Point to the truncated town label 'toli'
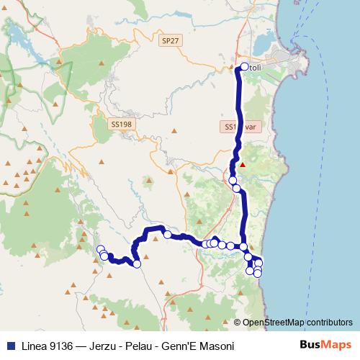(257, 68)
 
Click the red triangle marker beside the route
(243, 164)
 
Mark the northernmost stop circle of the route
(244, 67)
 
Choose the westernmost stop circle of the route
(101, 250)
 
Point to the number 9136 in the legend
(67, 346)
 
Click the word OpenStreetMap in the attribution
(274, 323)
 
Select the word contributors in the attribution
(330, 323)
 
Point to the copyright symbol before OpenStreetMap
(238, 323)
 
